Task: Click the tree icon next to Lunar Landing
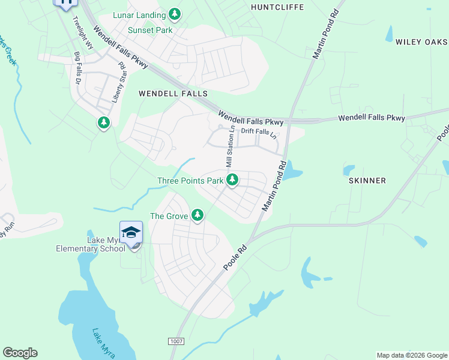tap(175, 14)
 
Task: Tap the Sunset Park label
tap(149, 30)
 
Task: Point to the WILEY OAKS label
tap(421, 42)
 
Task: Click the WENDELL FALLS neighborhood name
tap(173, 94)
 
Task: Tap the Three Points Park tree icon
tap(232, 179)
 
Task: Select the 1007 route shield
tap(175, 341)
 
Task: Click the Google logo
tap(20, 353)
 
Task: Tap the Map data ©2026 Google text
tap(411, 355)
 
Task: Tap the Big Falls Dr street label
tap(77, 67)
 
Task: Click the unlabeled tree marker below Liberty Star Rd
tap(104, 123)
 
